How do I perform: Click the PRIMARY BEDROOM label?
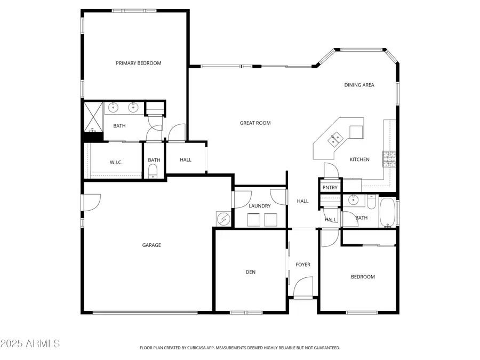click(139, 63)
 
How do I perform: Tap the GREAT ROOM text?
click(255, 123)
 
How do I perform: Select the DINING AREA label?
click(359, 85)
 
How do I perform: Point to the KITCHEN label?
click(359, 159)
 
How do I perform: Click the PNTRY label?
click(330, 187)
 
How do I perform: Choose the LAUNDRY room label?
click(260, 206)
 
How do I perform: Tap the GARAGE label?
click(151, 245)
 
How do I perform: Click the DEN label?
click(251, 272)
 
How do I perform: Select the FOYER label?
click(303, 265)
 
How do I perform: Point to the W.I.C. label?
click(116, 162)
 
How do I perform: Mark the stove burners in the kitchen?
click(389, 158)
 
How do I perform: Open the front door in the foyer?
click(303, 288)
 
